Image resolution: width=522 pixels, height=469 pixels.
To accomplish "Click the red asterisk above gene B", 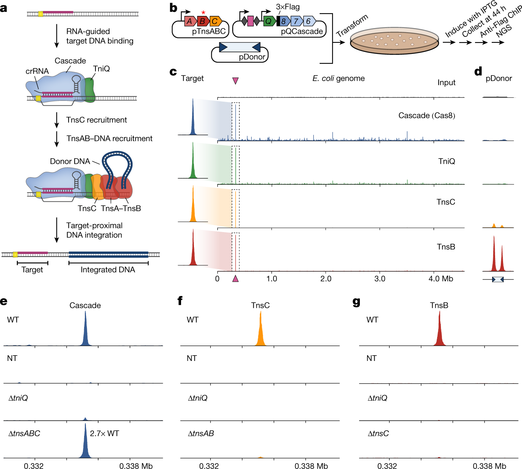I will click(203, 13).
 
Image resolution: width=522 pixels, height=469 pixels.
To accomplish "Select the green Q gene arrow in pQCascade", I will click(269, 21).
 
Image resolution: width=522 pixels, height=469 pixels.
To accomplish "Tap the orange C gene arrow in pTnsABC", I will click(215, 21).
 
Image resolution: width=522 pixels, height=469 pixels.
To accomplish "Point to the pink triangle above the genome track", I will click(235, 80).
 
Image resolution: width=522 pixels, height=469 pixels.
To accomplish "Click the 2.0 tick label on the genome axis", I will click(326, 279).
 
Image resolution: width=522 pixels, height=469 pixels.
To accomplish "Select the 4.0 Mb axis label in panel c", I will click(441, 279).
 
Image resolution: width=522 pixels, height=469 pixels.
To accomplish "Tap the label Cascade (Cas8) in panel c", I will click(427, 116).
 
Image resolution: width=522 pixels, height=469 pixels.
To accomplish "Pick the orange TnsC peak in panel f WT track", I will click(260, 330).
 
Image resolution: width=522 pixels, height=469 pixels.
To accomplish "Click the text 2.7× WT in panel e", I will click(105, 433).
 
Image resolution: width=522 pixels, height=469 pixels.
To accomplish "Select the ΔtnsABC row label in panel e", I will click(24, 433).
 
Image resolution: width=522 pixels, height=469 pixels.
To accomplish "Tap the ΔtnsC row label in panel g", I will click(378, 433).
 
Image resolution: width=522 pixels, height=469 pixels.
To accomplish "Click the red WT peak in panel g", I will click(439, 330).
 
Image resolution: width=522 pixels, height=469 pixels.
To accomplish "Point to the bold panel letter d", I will click(478, 71).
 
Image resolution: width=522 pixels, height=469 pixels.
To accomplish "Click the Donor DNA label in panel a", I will click(70, 162).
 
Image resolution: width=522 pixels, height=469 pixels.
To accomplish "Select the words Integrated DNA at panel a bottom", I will click(108, 270).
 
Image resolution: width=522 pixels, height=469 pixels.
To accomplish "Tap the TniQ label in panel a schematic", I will click(102, 69).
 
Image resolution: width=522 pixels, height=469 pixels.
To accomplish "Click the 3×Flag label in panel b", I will click(288, 7).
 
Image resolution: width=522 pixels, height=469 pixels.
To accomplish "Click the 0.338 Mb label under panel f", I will click(311, 466).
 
